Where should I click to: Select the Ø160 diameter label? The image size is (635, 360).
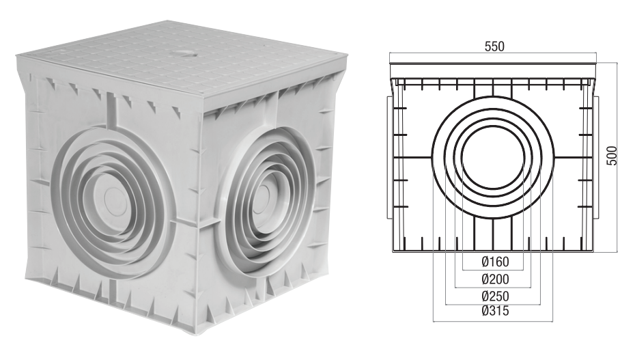pyautogui.click(x=494, y=261)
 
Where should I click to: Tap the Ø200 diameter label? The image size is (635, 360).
pyautogui.click(x=494, y=279)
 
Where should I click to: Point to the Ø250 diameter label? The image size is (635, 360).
pyautogui.click(x=494, y=296)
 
